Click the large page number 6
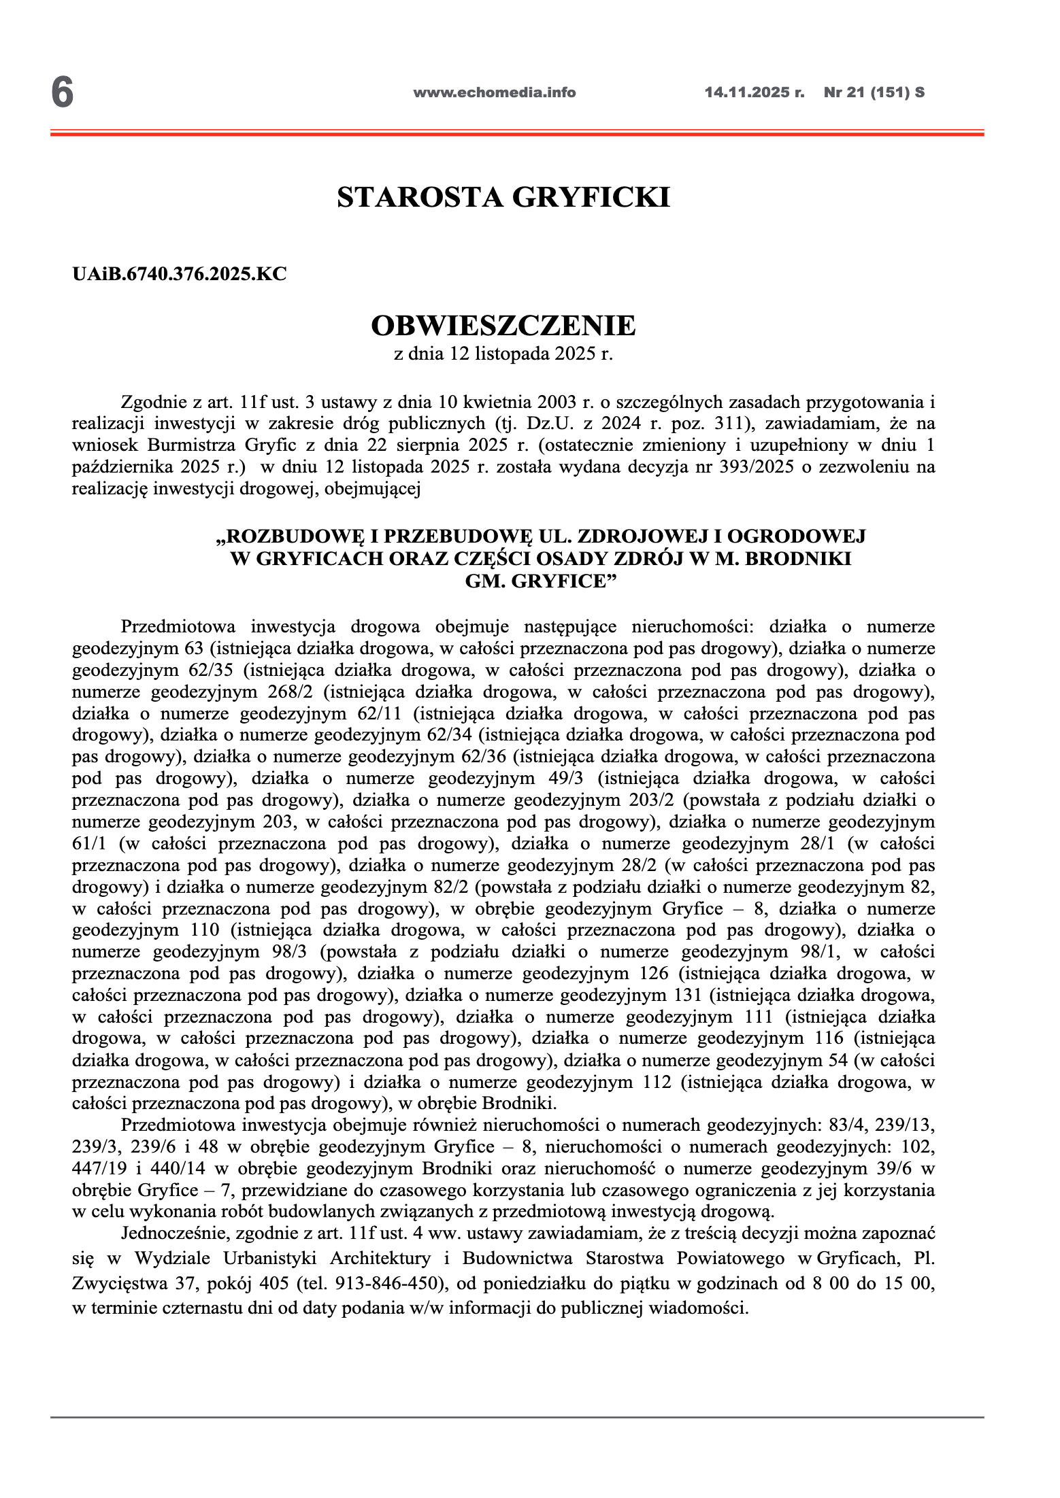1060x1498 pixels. [x=62, y=92]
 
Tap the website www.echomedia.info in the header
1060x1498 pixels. [x=494, y=92]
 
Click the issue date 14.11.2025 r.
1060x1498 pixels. [x=754, y=92]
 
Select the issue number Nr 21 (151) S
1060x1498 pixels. [x=874, y=92]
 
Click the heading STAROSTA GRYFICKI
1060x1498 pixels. [x=503, y=197]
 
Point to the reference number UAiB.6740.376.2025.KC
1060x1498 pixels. [x=179, y=274]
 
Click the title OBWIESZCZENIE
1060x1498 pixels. [x=503, y=326]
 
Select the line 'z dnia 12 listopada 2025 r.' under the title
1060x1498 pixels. [x=503, y=354]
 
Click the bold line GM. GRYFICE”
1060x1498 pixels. [x=540, y=581]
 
